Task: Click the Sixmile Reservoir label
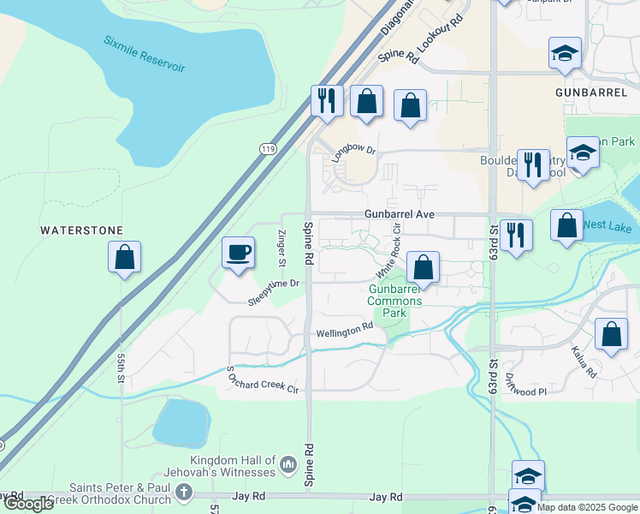pos(144,54)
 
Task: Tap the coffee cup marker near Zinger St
pos(238,253)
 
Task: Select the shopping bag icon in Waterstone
pos(125,257)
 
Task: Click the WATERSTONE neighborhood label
pos(81,230)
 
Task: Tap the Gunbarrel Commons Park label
pos(394,301)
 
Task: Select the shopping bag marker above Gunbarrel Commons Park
pos(423,267)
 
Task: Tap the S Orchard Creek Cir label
pos(262,380)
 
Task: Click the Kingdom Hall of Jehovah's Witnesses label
pos(222,466)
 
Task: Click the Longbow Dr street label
pos(354,149)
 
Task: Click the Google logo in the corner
pos(29,504)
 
